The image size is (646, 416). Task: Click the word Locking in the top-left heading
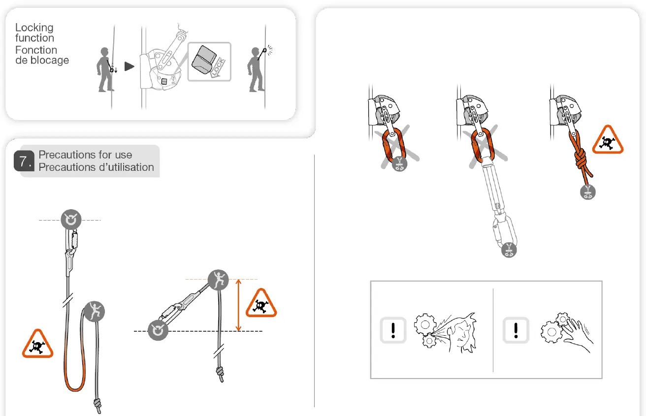(34, 28)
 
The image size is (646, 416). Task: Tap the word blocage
(49, 61)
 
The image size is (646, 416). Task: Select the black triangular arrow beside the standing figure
(129, 66)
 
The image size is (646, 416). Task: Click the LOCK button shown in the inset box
(209, 62)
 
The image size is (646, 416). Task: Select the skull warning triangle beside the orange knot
(608, 141)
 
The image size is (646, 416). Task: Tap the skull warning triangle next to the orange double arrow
(260, 304)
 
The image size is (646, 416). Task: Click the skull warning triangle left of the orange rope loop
(37, 345)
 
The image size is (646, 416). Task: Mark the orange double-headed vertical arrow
(239, 305)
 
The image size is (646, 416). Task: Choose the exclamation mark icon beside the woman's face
(393, 330)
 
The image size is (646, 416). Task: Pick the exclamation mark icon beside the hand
(516, 330)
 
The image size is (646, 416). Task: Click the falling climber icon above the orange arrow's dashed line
(218, 280)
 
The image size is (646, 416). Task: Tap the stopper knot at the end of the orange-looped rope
(98, 406)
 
